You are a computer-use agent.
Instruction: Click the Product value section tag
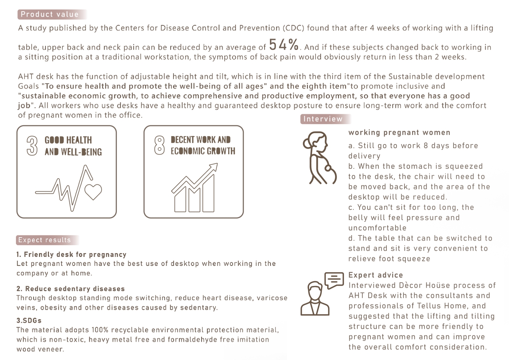coord(52,14)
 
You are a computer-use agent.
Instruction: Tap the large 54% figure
coord(284,44)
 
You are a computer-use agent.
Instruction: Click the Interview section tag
coord(326,119)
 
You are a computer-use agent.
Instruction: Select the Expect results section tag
coord(48,240)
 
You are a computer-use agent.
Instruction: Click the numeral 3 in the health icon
coord(32,146)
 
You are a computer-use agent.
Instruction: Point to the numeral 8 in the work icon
coord(159,145)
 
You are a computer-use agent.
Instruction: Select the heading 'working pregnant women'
coord(399,132)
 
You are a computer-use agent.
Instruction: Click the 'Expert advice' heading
coord(375,275)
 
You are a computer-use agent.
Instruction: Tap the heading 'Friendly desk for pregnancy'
coord(71,254)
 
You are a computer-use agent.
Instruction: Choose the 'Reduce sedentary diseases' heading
coord(70,289)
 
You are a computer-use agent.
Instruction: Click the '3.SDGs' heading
coord(29,320)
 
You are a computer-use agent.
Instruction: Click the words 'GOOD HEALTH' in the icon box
coord(68,140)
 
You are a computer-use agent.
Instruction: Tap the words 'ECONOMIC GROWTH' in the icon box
coord(203,151)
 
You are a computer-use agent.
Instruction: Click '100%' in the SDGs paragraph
coord(100,330)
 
